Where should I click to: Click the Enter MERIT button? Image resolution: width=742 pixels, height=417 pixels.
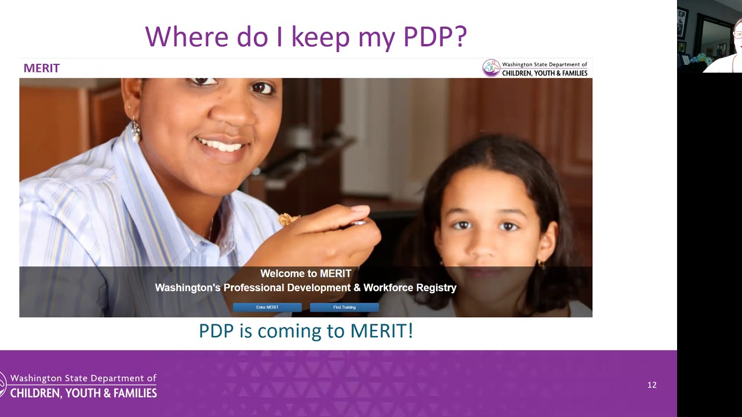267,308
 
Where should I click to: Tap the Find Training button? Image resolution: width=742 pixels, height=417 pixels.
344,308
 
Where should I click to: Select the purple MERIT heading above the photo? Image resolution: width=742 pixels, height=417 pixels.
42,68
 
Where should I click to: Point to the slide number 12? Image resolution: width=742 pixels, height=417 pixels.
652,385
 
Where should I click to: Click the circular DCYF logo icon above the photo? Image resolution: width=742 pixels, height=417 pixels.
491,68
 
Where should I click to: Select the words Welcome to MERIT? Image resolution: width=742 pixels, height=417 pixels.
305,273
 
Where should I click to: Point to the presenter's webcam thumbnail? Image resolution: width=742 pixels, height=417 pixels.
710,36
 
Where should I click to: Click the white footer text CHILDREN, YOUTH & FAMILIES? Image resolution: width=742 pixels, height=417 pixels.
83,394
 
